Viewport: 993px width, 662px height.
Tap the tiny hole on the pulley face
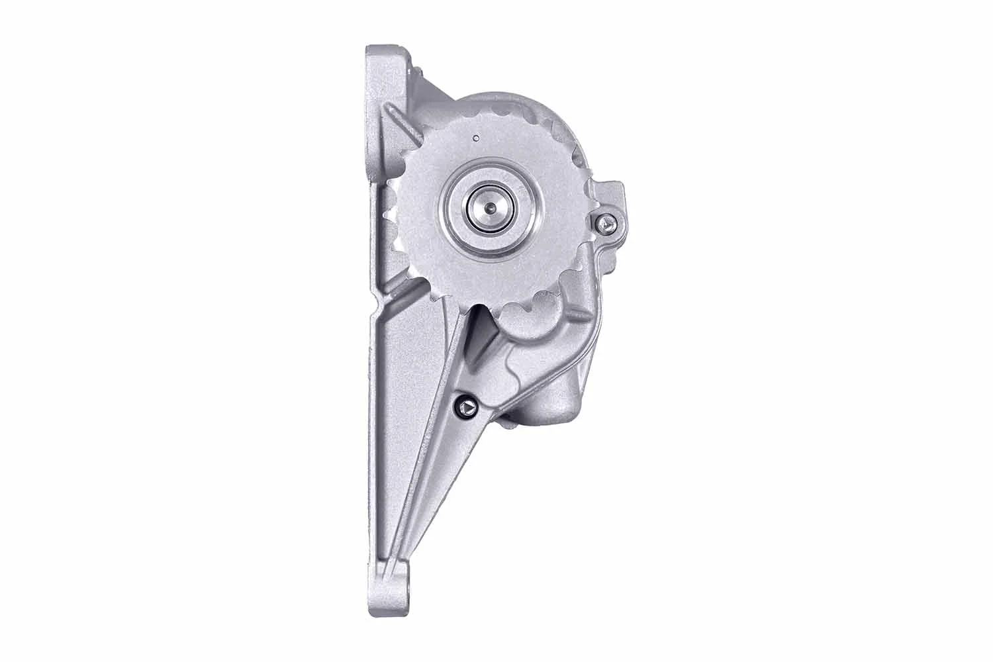(x=475, y=139)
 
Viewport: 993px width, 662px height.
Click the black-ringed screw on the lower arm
(x=467, y=406)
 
